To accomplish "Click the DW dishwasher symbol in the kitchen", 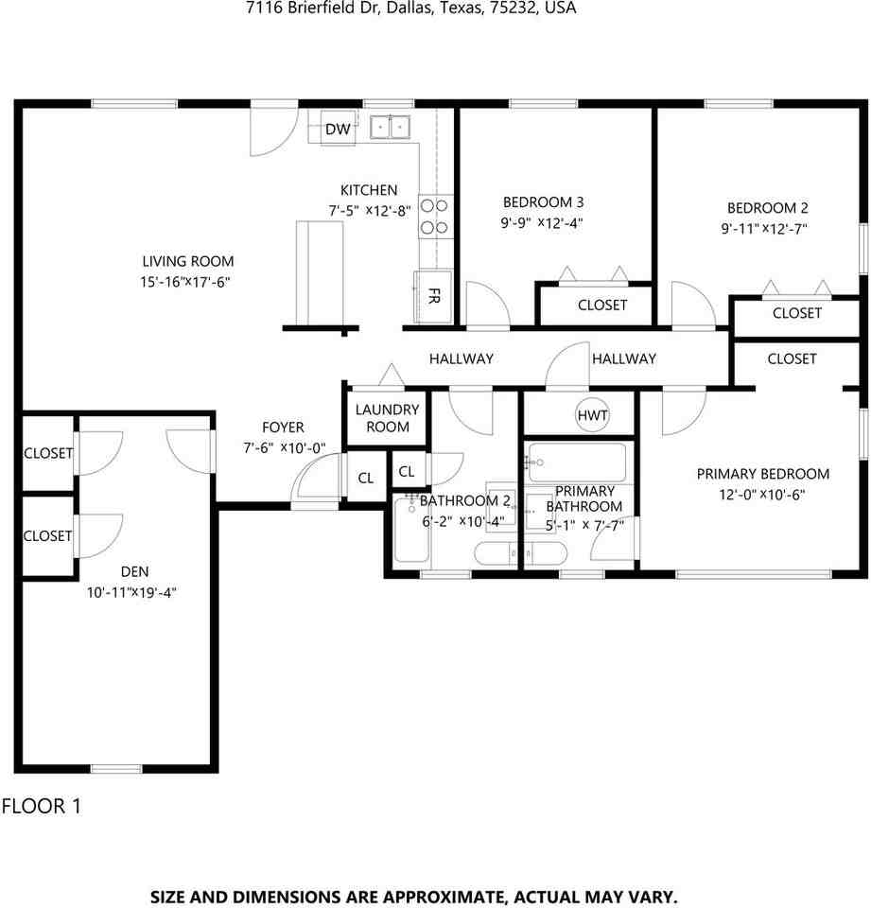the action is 338,128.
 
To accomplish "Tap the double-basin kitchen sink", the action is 391,127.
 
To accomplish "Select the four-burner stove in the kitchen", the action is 435,217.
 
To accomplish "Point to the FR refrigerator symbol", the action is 433,296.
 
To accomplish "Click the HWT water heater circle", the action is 592,414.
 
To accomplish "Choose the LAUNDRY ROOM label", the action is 388,418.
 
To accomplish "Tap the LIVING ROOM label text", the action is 188,261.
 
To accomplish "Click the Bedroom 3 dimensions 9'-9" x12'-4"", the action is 542,223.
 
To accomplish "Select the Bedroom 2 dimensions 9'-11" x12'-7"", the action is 764,229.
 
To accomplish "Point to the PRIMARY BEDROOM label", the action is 762,474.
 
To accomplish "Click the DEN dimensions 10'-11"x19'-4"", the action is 131,592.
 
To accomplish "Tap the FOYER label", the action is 283,428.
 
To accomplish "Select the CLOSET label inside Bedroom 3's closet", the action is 602,306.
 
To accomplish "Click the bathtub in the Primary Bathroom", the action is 578,463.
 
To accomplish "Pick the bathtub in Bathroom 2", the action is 411,530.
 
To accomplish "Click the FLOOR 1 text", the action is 42,806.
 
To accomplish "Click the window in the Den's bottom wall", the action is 116,768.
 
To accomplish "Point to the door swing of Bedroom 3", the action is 488,305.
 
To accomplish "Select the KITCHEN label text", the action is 369,190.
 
